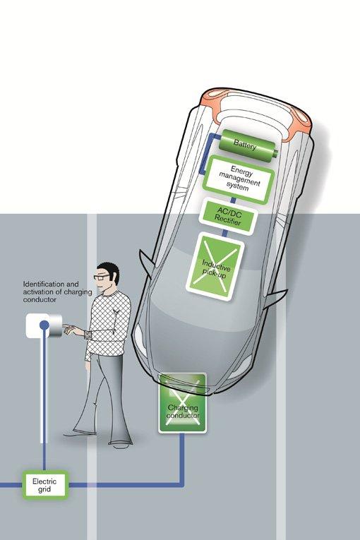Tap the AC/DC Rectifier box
tap(229, 217)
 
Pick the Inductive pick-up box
tap(215, 268)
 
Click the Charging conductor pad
tap(183, 403)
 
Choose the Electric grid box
tap(44, 485)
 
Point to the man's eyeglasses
tap(101, 277)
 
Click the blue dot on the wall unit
tap(44, 325)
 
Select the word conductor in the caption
tap(40, 299)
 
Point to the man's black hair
tap(109, 272)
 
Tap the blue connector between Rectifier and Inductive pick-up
tap(224, 233)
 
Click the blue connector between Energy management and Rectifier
tap(233, 200)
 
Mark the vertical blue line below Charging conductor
tap(182, 458)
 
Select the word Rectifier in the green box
tap(227, 221)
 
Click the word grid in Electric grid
tap(44, 489)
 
